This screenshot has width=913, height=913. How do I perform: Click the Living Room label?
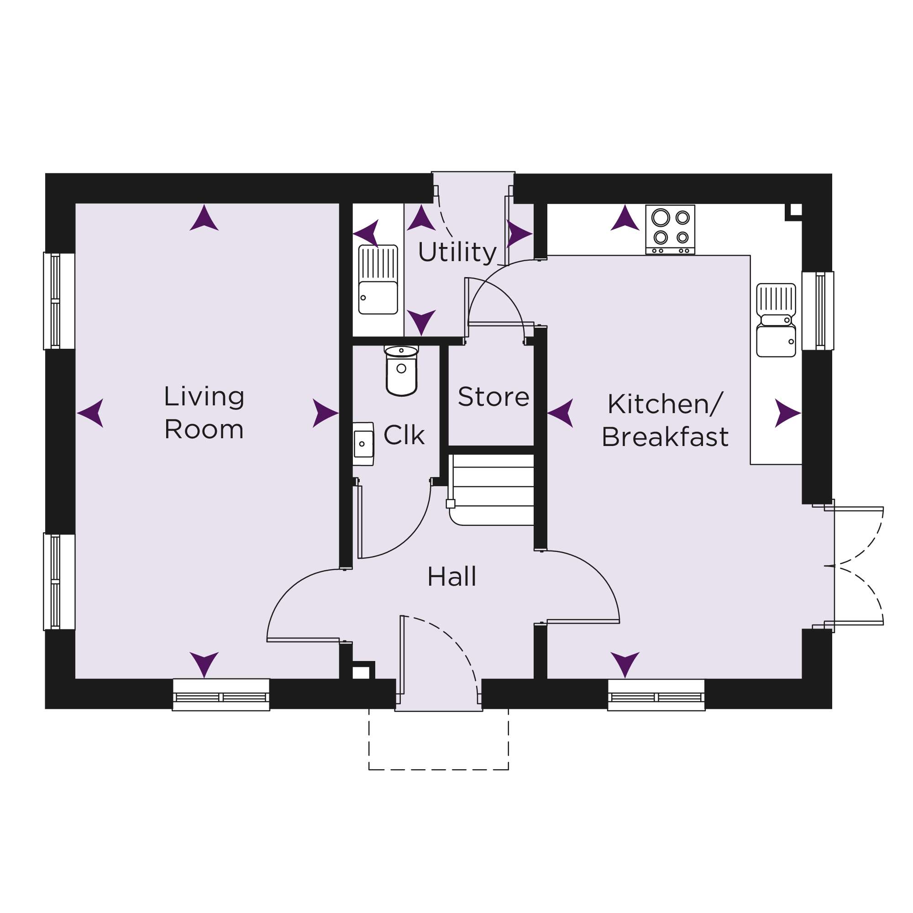pos(204,413)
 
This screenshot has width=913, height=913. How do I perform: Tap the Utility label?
pos(457,252)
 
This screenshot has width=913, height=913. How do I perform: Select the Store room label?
pos(493,397)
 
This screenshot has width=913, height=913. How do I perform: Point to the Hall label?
pos(452,577)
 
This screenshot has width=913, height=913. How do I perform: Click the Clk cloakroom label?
pos(404,435)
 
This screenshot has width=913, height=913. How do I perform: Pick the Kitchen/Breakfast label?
pos(665,420)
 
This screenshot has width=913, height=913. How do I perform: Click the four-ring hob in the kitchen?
pos(670,230)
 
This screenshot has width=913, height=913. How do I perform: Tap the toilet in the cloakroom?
pos(401,371)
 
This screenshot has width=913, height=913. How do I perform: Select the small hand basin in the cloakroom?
pos(363,444)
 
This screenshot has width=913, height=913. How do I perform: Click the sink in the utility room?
pos(378,280)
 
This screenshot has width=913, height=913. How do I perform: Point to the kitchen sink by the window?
pos(776,320)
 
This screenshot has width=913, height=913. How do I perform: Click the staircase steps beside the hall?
pos(491,489)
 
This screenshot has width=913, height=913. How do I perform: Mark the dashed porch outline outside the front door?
pos(439,739)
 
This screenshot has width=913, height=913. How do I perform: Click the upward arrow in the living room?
pos(204,218)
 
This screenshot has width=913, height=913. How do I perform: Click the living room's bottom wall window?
pos(220,695)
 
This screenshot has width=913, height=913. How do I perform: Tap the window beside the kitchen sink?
pos(818,310)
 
